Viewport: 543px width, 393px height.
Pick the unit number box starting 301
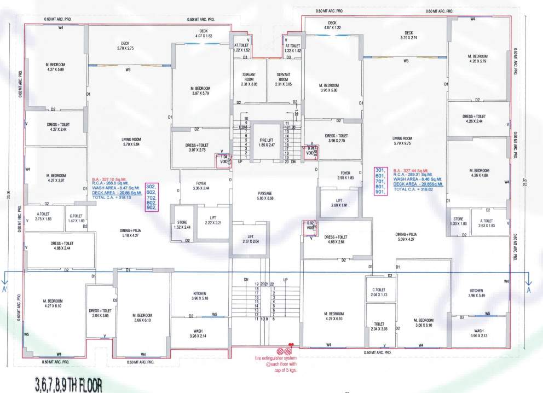click(x=380, y=181)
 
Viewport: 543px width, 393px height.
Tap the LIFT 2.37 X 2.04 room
click(x=250, y=239)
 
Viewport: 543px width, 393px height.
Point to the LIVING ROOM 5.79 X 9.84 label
click(x=131, y=142)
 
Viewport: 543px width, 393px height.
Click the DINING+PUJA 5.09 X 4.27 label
click(x=409, y=236)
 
